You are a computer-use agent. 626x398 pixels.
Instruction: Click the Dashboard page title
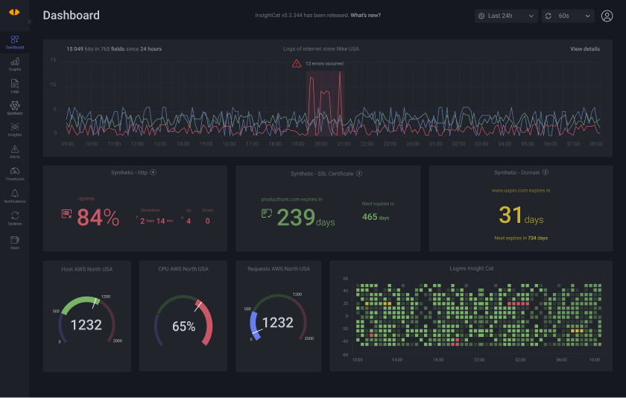tap(71, 16)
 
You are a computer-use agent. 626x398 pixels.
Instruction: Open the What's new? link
tap(365, 15)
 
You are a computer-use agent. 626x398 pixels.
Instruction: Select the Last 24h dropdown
tap(506, 16)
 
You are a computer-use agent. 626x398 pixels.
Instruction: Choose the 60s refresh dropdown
tap(568, 16)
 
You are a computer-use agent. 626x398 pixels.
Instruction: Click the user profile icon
tap(607, 16)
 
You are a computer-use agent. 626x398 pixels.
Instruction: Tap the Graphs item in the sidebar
tap(15, 63)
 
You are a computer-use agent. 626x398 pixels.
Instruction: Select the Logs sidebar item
tap(15, 85)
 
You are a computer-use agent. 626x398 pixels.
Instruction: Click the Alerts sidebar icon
tap(15, 151)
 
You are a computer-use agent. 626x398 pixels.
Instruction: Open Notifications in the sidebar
tap(15, 195)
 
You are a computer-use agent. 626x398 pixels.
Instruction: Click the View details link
tap(584, 49)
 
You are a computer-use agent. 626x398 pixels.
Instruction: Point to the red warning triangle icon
tap(297, 64)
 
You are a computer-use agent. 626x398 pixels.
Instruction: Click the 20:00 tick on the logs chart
tap(321, 144)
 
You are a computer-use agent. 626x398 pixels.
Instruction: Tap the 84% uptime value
tap(98, 217)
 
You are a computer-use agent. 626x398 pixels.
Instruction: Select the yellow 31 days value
tap(511, 215)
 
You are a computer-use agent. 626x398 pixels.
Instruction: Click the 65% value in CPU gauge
tap(183, 326)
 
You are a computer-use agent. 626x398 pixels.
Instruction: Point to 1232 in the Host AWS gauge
tap(86, 325)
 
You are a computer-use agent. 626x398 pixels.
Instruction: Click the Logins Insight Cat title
tap(471, 268)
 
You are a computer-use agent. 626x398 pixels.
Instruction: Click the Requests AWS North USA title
tap(279, 268)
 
